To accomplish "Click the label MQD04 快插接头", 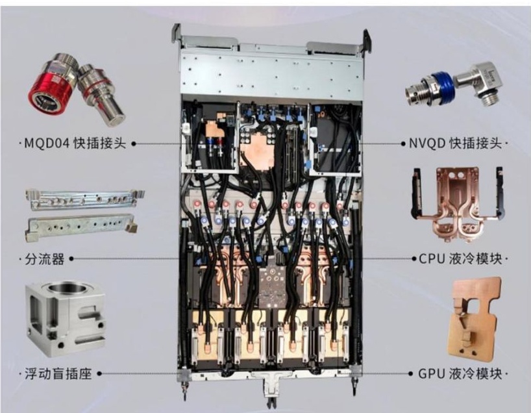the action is coord(75,144).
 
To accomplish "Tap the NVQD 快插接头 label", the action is coord(455,144).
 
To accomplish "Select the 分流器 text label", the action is coord(44,259).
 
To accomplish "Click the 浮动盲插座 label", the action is coord(58,374).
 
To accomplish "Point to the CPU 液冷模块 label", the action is coord(460,259).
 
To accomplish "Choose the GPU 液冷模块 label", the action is coord(460,374).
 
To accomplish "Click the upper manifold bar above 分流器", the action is coord(84,199).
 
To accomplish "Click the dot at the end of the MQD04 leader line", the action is coord(134,144).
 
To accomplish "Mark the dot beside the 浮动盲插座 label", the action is coord(99,374).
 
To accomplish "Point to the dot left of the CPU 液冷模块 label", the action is coord(414,259).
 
